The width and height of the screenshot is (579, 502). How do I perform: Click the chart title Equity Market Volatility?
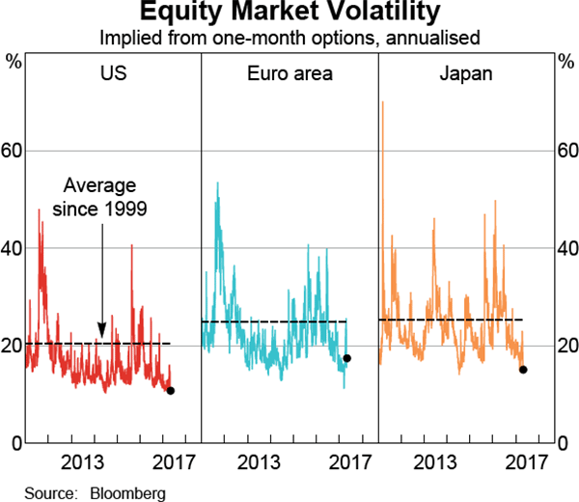[x=289, y=14]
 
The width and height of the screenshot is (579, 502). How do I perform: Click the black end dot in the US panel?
[x=171, y=391]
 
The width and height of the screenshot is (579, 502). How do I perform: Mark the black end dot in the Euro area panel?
[x=347, y=358]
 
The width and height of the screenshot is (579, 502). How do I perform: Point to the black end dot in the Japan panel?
[x=523, y=370]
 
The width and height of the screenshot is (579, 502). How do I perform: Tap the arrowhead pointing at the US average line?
[x=101, y=335]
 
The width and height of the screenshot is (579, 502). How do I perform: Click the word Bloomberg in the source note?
[x=127, y=493]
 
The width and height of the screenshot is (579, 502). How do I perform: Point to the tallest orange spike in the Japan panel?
[x=382, y=102]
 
